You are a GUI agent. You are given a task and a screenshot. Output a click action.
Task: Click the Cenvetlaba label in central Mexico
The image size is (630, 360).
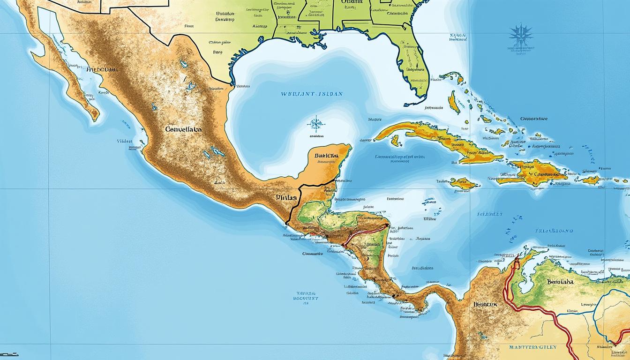coord(183,128)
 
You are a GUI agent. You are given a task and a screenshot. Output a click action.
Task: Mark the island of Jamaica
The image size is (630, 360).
coord(463,183)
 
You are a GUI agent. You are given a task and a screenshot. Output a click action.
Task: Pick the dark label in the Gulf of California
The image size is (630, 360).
coord(102,69)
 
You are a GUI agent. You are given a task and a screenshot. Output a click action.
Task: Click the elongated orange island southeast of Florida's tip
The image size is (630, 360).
coord(453,102)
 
